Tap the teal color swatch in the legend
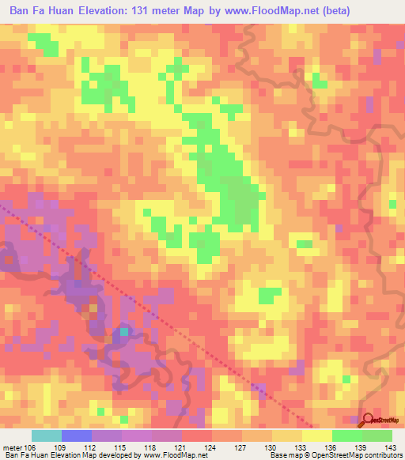pyautogui.click(x=47, y=435)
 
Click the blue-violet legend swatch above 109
pyautogui.click(x=77, y=435)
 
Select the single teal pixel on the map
pyautogui.click(x=123, y=332)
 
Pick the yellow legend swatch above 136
pyautogui.click(x=317, y=435)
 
